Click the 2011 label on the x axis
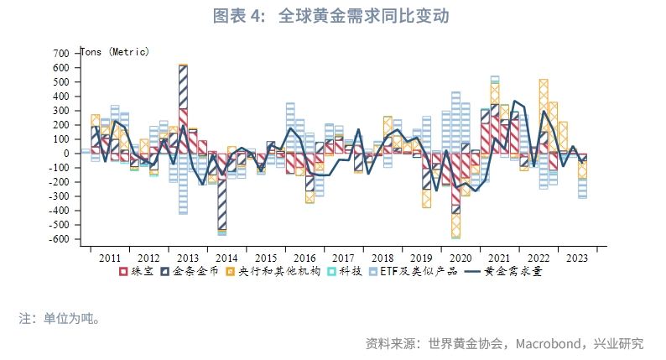[110, 258]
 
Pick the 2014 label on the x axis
[226, 258]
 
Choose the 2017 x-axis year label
[343, 258]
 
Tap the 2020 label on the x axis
[460, 258]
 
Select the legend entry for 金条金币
[190, 272]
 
